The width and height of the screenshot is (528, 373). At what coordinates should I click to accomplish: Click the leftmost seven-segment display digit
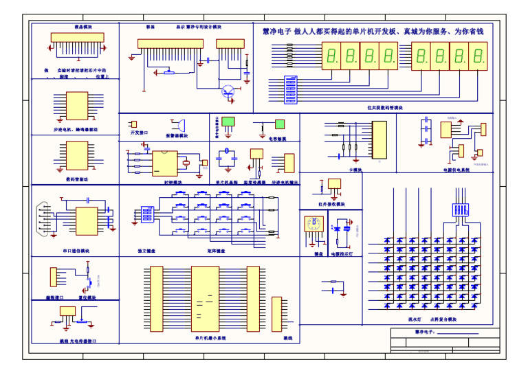[332, 56]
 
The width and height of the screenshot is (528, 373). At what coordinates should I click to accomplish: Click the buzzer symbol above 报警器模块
[180, 125]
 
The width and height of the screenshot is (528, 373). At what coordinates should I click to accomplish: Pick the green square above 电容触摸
[280, 124]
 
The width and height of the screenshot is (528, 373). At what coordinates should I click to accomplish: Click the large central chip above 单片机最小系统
[205, 299]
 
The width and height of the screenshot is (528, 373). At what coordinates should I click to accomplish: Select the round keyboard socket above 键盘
[314, 225]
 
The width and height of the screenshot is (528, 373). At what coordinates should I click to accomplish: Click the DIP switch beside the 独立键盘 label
[146, 213]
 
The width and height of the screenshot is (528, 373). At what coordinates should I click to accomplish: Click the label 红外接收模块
[331, 204]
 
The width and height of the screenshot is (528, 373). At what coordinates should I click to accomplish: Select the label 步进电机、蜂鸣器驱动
[76, 129]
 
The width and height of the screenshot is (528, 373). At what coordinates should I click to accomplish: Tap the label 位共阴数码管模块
[385, 108]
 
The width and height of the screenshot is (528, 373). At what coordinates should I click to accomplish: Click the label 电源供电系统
[456, 169]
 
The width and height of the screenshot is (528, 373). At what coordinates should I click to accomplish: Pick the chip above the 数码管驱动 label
[76, 156]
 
